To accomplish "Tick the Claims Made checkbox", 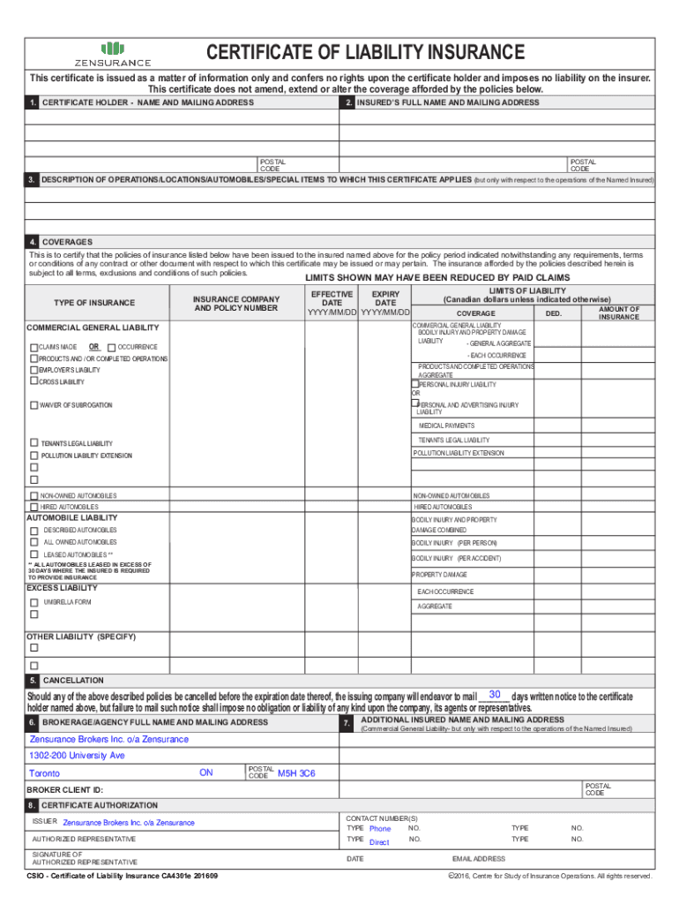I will (x=34, y=347).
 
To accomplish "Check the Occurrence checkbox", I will (x=111, y=347).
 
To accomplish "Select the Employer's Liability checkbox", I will (x=34, y=370).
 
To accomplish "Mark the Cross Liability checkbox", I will (x=34, y=381).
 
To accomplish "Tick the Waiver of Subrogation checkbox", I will (x=34, y=405).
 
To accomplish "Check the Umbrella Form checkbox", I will (x=34, y=602).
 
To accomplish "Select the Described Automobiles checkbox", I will (x=34, y=531).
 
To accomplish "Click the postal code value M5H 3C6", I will (x=295, y=773).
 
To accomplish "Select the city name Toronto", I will (x=45, y=773).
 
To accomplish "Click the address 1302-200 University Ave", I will (x=77, y=756).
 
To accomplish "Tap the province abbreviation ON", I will (x=205, y=772).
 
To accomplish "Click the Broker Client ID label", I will (x=64, y=789).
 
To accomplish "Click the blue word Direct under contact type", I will (x=379, y=842).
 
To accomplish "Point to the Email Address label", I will (x=478, y=858).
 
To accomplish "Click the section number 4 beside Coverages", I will (x=33, y=242).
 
